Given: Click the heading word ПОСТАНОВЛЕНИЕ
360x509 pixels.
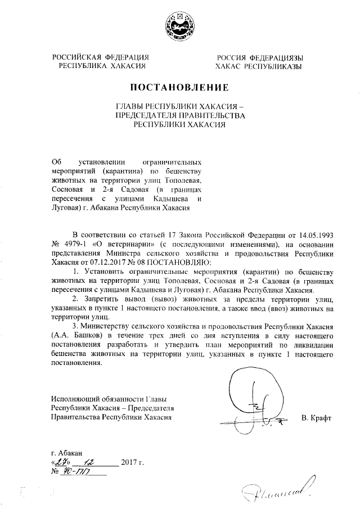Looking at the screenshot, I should (179, 87).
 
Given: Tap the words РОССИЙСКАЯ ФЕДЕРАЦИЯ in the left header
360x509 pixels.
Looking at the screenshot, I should (101, 58).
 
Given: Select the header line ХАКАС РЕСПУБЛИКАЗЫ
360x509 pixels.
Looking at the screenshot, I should (259, 66).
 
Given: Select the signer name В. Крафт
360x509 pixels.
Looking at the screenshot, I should (317, 418).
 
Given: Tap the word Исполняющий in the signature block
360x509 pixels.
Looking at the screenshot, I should (71, 398).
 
